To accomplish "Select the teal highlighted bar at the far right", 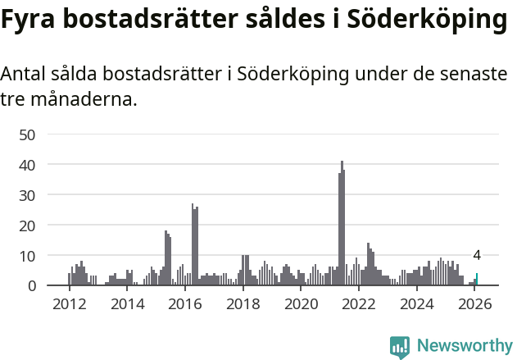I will (x=477, y=280).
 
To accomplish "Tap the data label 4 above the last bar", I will (x=477, y=255).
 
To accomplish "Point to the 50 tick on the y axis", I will (x=27, y=134).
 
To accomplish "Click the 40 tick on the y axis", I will (x=27, y=165).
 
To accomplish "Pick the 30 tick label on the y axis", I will (x=27, y=195).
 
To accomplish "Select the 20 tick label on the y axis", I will (x=27, y=226).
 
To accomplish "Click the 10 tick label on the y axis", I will (x=27, y=256).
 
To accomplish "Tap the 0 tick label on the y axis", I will (x=32, y=286).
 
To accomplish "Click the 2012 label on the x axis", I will (x=69, y=305).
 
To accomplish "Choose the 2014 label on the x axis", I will (x=127, y=305).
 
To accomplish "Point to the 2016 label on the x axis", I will (x=185, y=305).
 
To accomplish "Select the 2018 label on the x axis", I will (x=243, y=305).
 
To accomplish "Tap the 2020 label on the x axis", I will (x=301, y=305).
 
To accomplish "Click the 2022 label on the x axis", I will (x=359, y=305).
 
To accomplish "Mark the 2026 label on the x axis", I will (x=474, y=305).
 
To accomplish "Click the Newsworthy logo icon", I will (x=400, y=347).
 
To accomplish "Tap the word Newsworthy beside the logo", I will (x=465, y=346).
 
